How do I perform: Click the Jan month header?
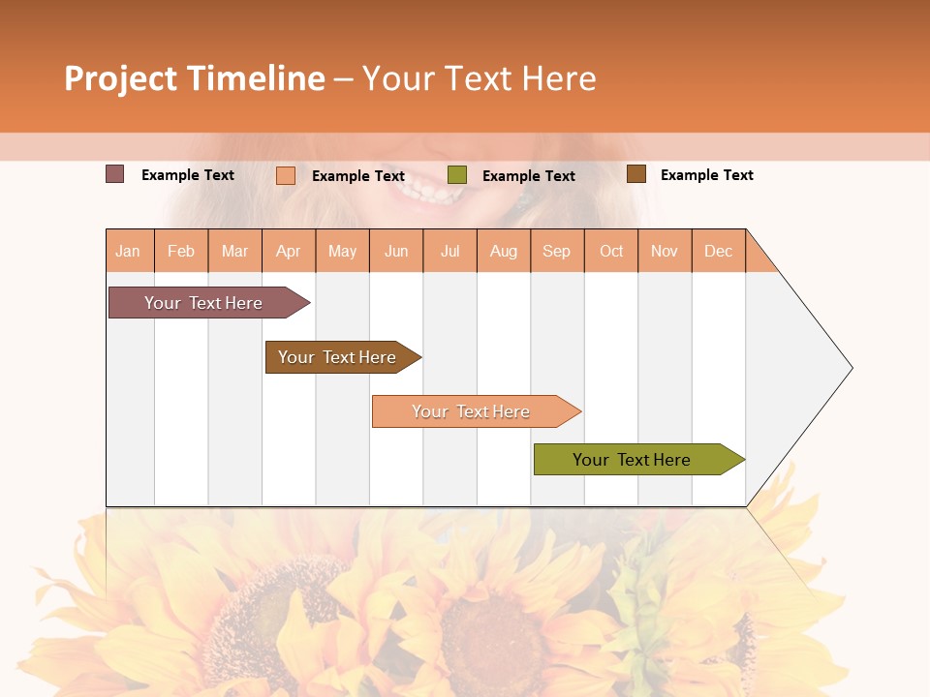pos(129,251)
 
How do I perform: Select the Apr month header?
pos(289,251)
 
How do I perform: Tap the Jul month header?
pos(449,251)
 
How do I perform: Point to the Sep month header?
pos(556,251)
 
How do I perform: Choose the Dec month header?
pos(718,251)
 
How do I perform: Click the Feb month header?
pos(181,251)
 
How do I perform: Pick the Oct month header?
pos(611,251)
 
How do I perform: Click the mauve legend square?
pos(115,174)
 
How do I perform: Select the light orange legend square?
pos(286,175)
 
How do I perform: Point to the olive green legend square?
pos(457,175)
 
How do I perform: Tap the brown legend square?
pos(636,174)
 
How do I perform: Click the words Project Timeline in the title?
pos(195,78)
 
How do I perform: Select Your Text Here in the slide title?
pos(480,78)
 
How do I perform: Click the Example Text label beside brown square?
pos(706,175)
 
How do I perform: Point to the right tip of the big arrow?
pos(850,368)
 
